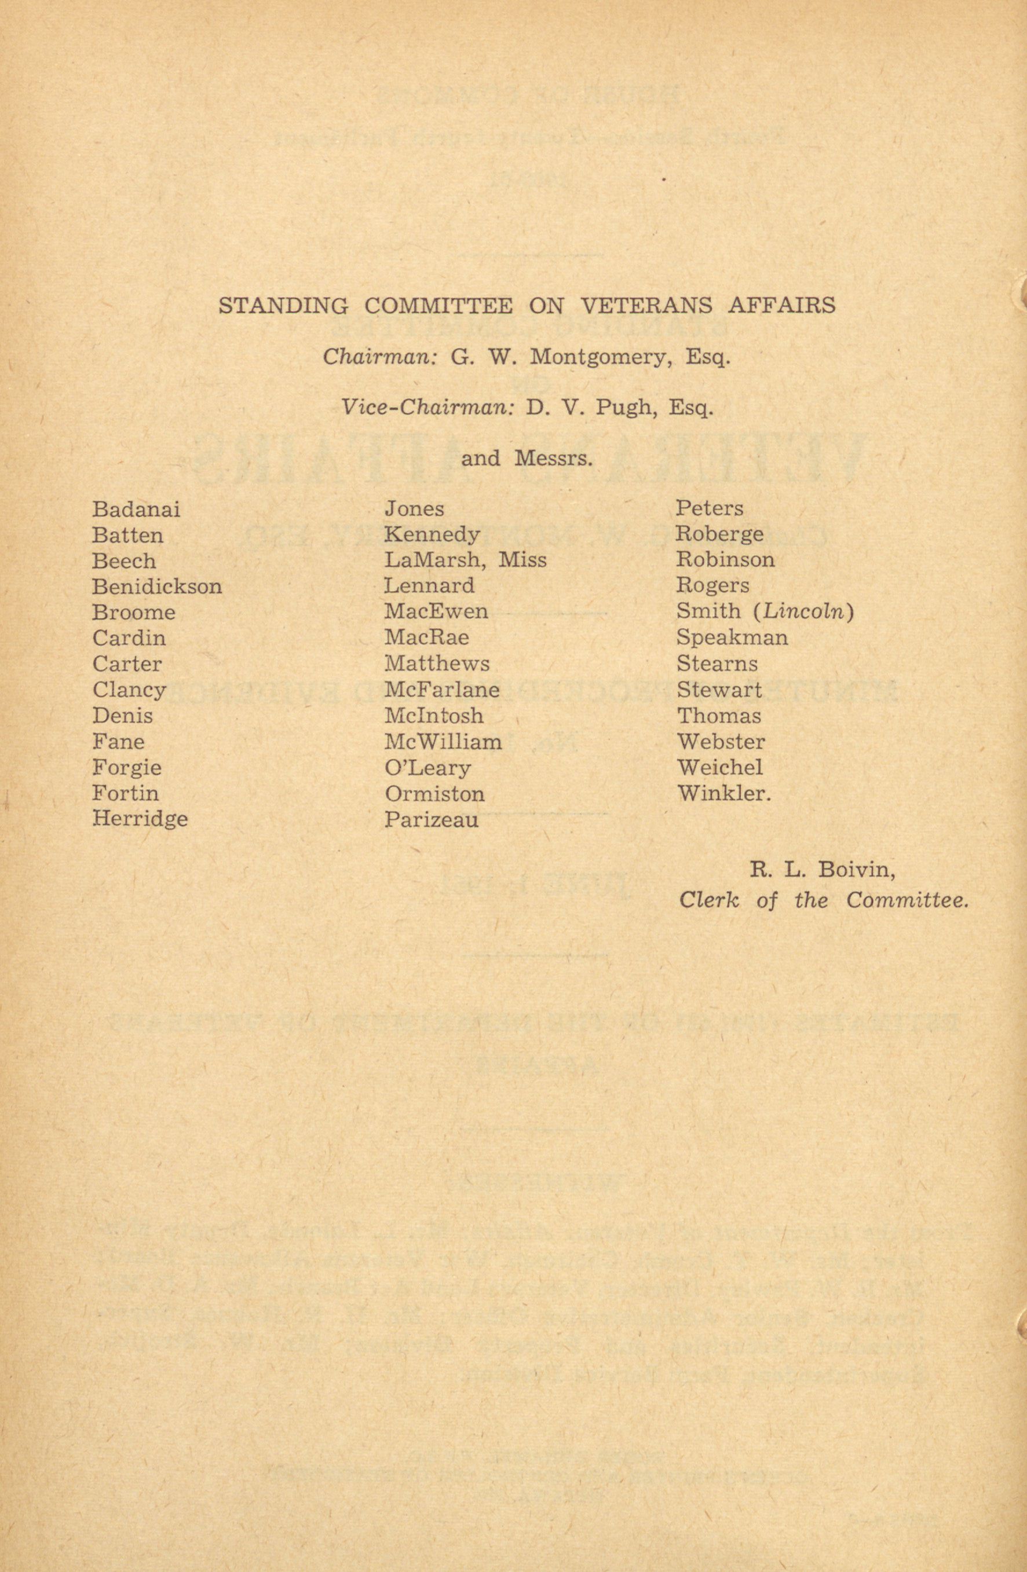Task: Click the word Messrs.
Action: coord(552,459)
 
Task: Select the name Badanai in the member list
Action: coord(136,510)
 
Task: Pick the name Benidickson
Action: coord(156,587)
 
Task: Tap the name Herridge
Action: coord(140,819)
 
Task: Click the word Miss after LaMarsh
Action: coord(522,560)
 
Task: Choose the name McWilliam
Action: coord(443,742)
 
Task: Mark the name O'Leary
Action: coord(427,768)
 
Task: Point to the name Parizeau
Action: coord(431,820)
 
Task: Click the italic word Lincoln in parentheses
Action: coord(803,612)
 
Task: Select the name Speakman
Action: coord(732,638)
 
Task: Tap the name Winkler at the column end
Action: coord(723,793)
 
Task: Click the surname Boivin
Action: coord(857,871)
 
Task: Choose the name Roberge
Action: coord(719,534)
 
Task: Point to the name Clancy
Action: coord(129,690)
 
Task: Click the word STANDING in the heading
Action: coord(283,306)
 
